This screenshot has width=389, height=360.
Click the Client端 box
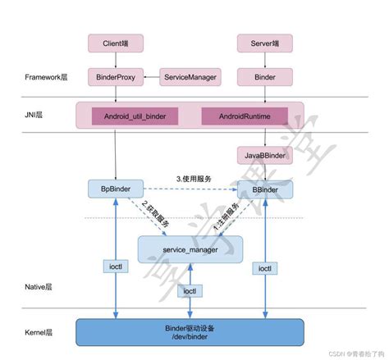click(117, 42)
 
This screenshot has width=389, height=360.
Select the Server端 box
click(265, 42)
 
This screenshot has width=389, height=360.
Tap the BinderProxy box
click(117, 77)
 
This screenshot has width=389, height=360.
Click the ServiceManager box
click(190, 77)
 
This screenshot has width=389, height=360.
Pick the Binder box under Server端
click(265, 77)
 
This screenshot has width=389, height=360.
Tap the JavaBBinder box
click(265, 155)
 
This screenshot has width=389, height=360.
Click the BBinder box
click(265, 189)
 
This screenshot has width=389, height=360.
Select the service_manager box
click(190, 248)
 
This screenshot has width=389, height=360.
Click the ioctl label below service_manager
click(190, 291)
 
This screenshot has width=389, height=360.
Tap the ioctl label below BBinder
click(265, 267)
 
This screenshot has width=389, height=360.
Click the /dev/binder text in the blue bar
click(190, 337)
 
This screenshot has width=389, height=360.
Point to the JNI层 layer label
click(34, 116)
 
